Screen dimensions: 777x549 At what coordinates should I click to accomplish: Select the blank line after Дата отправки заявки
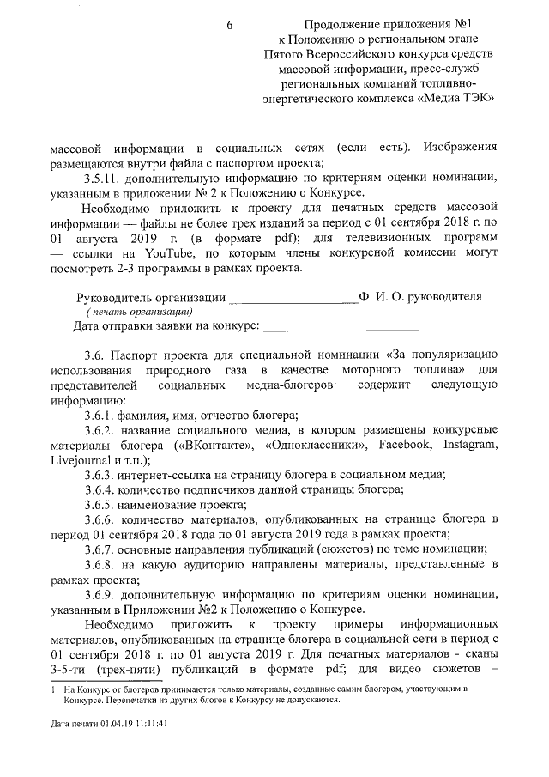[x=341, y=326]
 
